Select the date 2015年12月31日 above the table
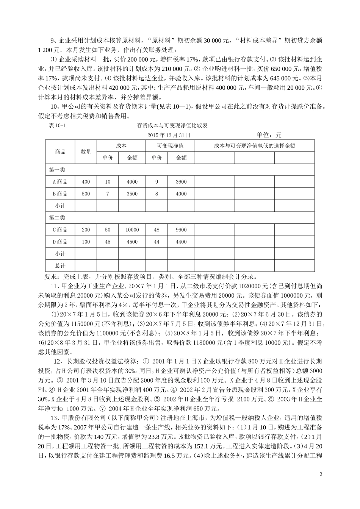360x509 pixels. point(169,135)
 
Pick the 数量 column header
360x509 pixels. point(86,151)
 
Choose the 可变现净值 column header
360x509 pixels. point(170,146)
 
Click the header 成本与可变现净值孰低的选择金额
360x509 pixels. point(255,146)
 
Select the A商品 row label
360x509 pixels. point(60,182)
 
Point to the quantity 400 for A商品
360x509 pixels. point(86,182)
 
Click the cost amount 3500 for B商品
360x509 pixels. point(132,194)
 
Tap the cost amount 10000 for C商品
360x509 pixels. point(132,230)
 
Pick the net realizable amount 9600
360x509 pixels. point(182,230)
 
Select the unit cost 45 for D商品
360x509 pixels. point(108,242)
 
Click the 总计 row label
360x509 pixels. point(60,266)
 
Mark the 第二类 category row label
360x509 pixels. point(57,218)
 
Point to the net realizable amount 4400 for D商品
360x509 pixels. point(182,242)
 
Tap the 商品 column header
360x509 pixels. point(60,151)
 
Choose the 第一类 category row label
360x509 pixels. point(57,170)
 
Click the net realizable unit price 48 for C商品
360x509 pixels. point(157,230)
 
